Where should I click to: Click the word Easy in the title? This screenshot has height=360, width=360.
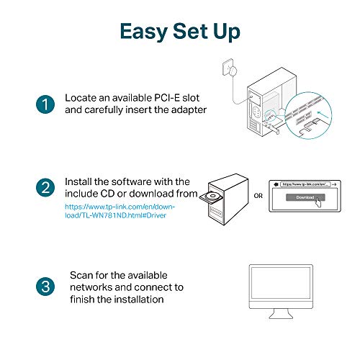click(x=144, y=32)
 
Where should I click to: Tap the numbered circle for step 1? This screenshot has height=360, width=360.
click(x=45, y=104)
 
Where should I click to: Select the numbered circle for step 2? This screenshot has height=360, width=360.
click(x=45, y=188)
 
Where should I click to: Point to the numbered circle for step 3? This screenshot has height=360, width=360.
click(x=45, y=287)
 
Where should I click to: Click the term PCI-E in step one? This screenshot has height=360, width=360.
click(x=167, y=98)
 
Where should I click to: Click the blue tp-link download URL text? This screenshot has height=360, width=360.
click(x=120, y=211)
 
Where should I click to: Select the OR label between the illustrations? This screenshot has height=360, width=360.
click(x=258, y=196)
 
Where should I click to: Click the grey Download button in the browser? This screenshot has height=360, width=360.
click(x=305, y=197)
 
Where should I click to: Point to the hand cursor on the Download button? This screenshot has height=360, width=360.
click(x=318, y=202)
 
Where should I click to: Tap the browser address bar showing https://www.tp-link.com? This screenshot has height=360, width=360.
click(x=305, y=184)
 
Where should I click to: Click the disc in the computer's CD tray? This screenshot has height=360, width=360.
click(x=212, y=197)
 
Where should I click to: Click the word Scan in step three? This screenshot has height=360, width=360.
click(x=81, y=275)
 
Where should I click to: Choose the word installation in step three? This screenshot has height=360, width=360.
click(x=139, y=300)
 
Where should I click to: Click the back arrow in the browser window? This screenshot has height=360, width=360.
click(x=276, y=184)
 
